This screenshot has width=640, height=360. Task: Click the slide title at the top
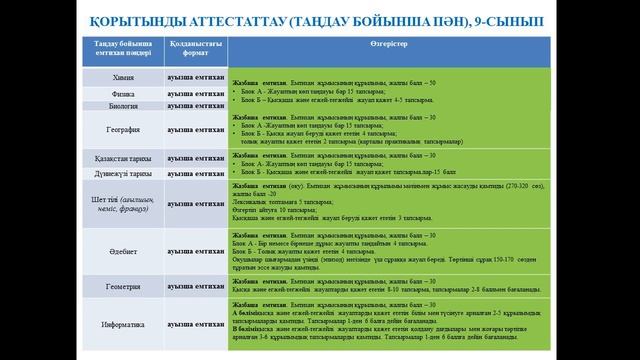pos(320,20)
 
